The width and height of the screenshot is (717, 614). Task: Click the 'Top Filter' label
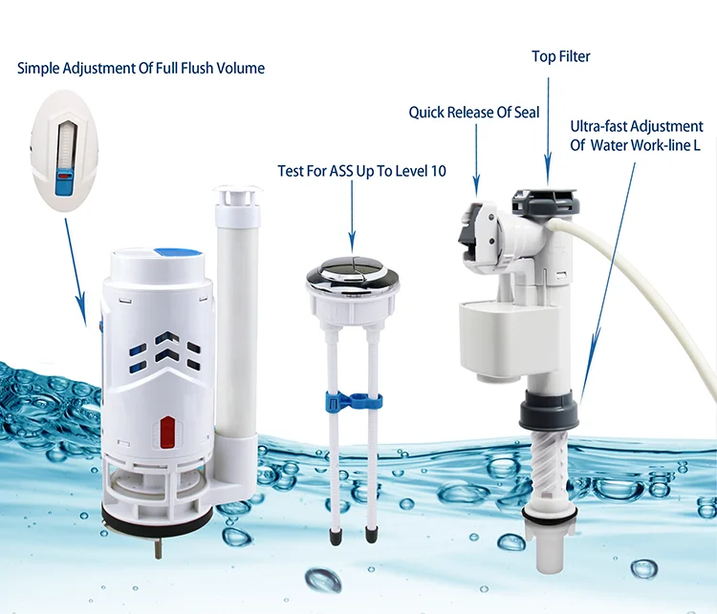(x=560, y=56)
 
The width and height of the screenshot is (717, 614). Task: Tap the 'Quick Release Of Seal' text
(x=474, y=113)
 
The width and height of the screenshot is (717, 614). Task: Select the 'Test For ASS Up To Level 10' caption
(x=361, y=171)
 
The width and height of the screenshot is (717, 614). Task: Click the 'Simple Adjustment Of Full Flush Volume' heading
(x=141, y=68)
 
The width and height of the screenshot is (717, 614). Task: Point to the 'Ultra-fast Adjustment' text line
(x=637, y=126)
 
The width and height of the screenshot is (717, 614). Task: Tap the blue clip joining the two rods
(x=354, y=401)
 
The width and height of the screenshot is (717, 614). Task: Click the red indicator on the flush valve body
(x=167, y=432)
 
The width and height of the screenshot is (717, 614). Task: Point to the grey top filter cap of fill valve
(x=545, y=201)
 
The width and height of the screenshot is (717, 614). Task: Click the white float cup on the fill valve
(x=510, y=339)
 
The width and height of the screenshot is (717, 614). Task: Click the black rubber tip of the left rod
(x=337, y=537)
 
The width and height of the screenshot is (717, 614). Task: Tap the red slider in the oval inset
(x=63, y=175)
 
